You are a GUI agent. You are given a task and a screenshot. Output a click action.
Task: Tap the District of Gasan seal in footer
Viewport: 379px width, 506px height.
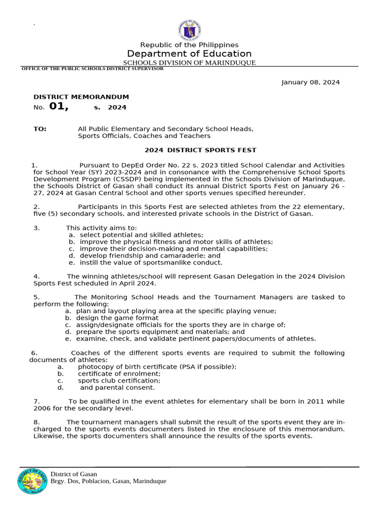(33, 481)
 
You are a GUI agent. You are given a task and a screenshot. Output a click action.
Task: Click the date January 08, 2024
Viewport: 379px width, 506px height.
(310, 83)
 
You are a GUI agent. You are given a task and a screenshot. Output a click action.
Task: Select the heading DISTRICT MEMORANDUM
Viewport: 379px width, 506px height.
(81, 97)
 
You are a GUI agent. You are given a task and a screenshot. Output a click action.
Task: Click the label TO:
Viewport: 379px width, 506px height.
(40, 129)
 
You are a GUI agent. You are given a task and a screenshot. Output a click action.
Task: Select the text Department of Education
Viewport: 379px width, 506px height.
(189, 54)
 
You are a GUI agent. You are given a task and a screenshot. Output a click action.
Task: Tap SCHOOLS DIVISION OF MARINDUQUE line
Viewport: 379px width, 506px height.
(189, 63)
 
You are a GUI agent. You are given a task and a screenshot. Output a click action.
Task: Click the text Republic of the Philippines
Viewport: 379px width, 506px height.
(189, 45)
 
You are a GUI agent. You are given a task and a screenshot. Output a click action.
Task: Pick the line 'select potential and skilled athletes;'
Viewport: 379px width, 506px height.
(141, 235)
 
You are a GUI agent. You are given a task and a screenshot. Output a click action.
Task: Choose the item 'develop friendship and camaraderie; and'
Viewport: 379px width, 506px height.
(150, 256)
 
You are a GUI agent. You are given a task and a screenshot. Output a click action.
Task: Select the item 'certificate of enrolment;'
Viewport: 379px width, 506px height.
(119, 374)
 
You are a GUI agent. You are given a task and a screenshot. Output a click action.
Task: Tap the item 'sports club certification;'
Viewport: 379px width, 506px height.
(119, 380)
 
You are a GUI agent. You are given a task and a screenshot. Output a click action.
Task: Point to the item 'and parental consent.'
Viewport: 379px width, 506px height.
(117, 387)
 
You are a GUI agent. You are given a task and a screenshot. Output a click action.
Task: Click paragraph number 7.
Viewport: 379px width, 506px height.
(37, 402)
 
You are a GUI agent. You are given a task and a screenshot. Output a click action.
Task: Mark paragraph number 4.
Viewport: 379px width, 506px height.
(37, 276)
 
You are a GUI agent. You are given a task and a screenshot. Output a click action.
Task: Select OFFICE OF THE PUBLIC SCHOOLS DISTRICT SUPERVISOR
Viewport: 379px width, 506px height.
(92, 69)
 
